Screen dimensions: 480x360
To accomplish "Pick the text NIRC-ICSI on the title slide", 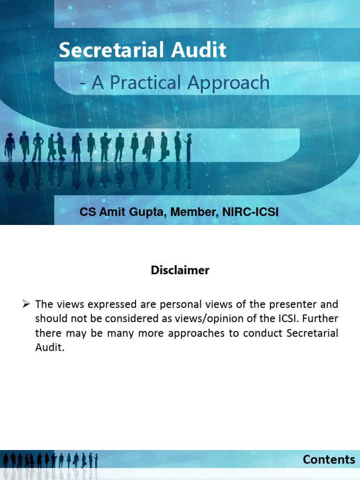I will click(x=251, y=212).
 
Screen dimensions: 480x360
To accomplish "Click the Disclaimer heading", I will click(x=180, y=270).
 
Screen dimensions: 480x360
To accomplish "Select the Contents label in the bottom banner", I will click(x=329, y=460).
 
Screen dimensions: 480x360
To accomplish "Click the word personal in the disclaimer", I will click(x=182, y=305).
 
